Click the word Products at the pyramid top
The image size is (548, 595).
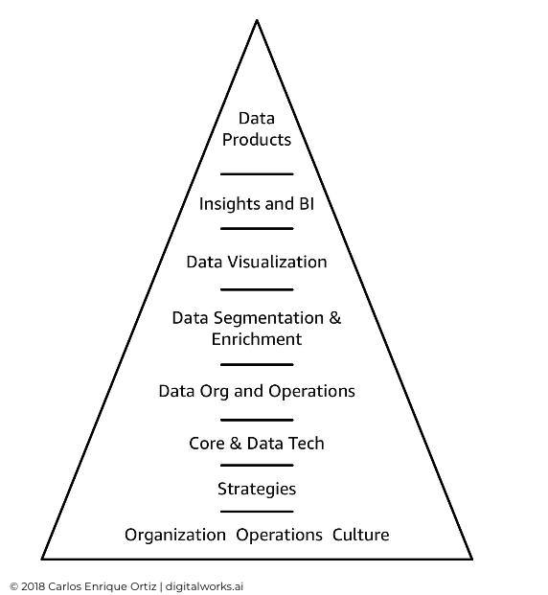click(x=257, y=140)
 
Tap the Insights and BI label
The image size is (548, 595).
click(x=257, y=204)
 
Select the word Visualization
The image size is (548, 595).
click(x=277, y=262)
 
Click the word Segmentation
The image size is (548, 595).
click(x=268, y=317)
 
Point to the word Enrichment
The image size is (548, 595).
click(x=257, y=339)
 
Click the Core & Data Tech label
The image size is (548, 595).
click(x=257, y=444)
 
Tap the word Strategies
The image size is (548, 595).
click(x=257, y=489)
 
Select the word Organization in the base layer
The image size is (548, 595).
click(x=175, y=535)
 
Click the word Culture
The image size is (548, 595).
click(x=361, y=535)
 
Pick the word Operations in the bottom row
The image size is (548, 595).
click(x=280, y=535)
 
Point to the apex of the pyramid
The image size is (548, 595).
click(x=257, y=20)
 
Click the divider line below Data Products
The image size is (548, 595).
click(x=257, y=173)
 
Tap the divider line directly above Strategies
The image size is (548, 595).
click(x=257, y=465)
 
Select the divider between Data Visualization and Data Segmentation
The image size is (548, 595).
click(x=257, y=289)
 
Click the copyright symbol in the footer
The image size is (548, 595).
click(x=14, y=586)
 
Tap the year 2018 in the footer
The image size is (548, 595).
click(x=33, y=586)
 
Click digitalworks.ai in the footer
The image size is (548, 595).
click(x=204, y=586)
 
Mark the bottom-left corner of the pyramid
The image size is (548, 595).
click(x=42, y=559)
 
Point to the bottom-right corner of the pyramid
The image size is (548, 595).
click(x=472, y=559)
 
